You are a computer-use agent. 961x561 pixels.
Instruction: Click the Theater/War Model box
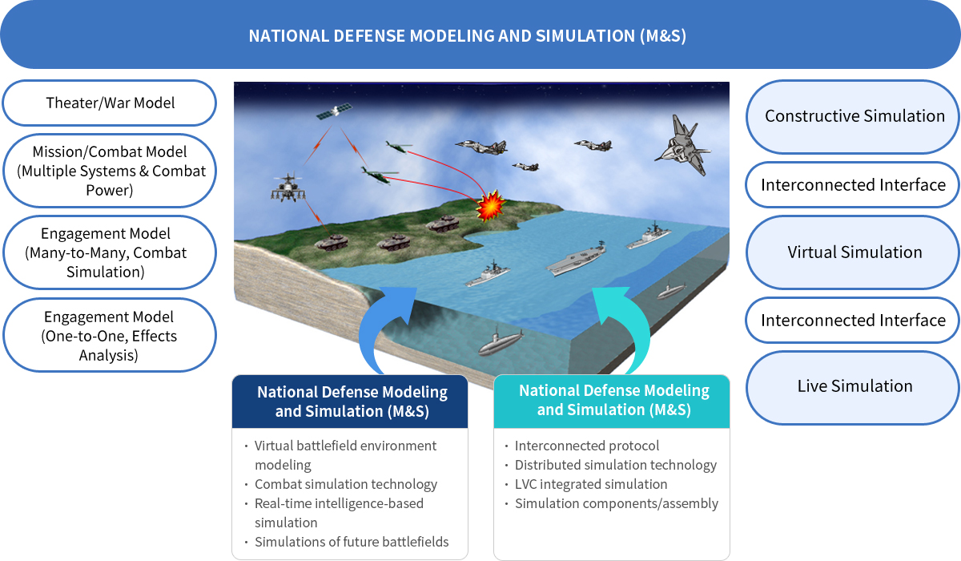pos(110,103)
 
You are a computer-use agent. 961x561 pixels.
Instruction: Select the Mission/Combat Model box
pos(110,171)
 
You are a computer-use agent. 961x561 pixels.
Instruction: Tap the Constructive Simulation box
pos(853,116)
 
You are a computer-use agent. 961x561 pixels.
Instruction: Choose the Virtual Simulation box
pos(853,252)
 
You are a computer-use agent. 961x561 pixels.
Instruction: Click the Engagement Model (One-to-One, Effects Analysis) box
pos(110,335)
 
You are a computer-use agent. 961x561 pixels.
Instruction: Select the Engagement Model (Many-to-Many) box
pos(110,252)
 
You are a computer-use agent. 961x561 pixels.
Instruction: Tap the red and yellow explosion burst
pos(490,206)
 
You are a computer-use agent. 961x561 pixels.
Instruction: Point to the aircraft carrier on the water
pos(576,258)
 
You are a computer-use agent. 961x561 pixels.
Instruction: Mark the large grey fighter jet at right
pos(682,145)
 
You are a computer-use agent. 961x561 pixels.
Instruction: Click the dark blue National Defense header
pos(350,402)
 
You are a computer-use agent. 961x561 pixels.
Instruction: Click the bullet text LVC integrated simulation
pos(591,484)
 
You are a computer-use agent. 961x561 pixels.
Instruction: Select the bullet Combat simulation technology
pos(346,484)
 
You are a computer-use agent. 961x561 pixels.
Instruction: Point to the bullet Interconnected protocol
pos(586,446)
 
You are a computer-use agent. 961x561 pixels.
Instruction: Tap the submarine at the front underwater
pos(501,341)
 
